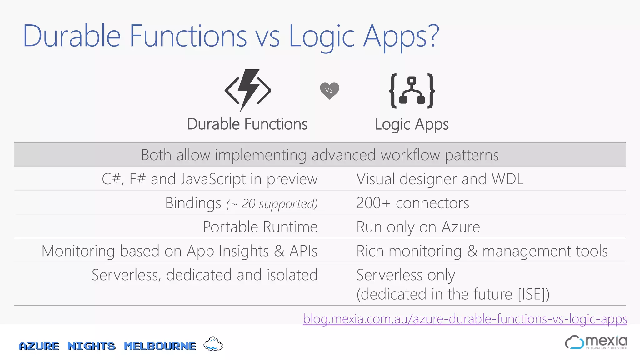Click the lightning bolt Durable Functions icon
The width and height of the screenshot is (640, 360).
tap(248, 90)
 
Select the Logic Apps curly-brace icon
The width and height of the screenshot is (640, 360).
tap(412, 91)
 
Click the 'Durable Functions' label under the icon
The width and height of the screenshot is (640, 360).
tap(247, 124)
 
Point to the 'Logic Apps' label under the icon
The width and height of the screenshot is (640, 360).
tap(412, 124)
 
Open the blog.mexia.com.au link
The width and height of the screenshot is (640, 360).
tap(465, 319)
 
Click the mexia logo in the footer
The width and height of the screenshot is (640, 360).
tap(596, 342)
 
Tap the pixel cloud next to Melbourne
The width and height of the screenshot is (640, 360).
tap(213, 344)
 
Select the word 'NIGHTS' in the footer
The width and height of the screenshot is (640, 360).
tap(92, 346)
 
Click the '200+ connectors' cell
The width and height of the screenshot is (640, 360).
tap(412, 203)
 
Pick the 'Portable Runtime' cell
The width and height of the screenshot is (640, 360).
tap(260, 227)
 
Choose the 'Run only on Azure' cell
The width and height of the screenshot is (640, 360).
tap(418, 227)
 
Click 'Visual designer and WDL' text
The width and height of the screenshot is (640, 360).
tap(440, 179)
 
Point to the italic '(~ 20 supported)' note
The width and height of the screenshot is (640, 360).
tap(272, 204)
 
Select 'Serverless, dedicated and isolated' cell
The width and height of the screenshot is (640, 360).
tap(205, 275)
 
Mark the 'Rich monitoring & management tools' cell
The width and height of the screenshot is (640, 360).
tap(482, 251)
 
